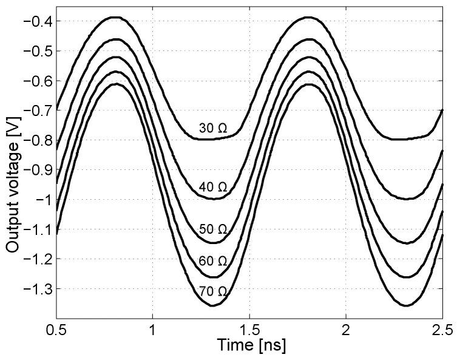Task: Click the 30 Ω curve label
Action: click(212, 129)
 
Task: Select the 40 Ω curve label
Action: click(212, 187)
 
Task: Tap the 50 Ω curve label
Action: click(212, 229)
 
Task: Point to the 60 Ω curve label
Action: click(212, 261)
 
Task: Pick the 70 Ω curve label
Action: click(212, 292)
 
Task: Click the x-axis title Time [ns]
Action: click(249, 345)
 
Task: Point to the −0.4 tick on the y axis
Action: click(38, 22)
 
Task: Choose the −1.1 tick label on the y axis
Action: click(38, 230)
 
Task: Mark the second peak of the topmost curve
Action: click(308, 18)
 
